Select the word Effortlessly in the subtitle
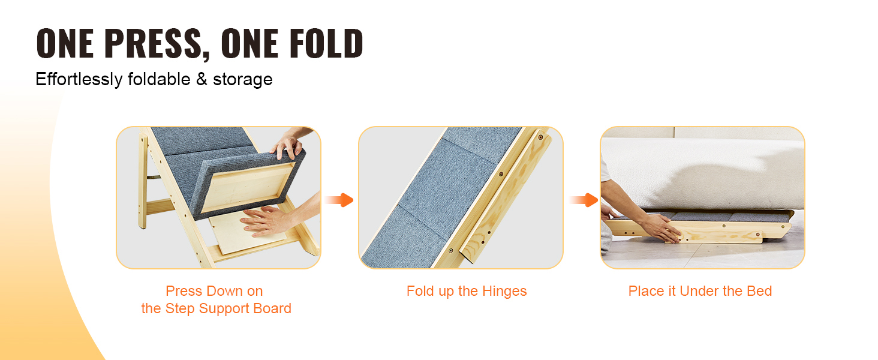(79, 80)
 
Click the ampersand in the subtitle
(202, 79)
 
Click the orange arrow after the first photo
(339, 200)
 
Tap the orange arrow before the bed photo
(584, 200)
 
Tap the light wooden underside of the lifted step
(247, 186)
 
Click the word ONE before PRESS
(65, 43)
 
